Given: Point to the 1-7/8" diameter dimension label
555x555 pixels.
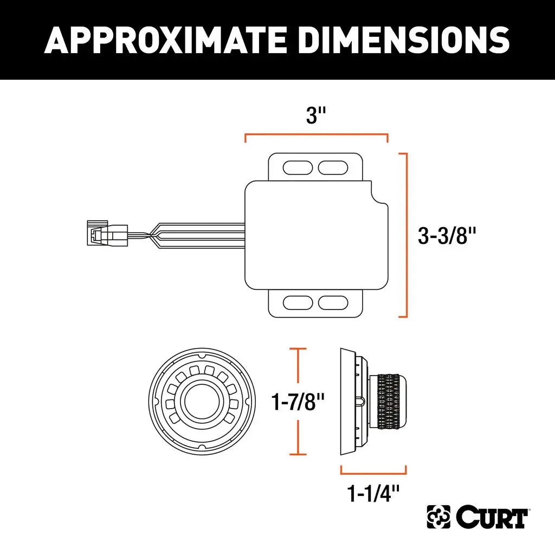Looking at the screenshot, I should tap(298, 402).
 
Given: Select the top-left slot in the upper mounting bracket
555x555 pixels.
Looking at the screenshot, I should tap(296, 167).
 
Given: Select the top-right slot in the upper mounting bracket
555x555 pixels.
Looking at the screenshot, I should tap(333, 167).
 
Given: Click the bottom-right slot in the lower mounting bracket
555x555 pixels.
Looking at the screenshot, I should tap(333, 302).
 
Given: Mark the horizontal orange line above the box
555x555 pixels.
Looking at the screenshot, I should tap(316, 134).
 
